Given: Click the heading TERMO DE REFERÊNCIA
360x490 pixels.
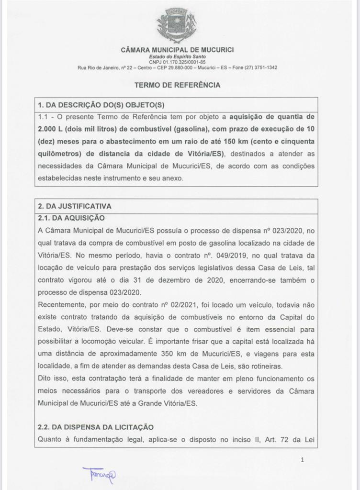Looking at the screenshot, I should (177, 85).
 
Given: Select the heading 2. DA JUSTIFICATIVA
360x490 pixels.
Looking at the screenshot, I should (74, 206).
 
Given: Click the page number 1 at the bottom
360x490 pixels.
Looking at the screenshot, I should (302, 460).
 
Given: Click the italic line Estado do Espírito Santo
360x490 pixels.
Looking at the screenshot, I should (177, 57).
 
